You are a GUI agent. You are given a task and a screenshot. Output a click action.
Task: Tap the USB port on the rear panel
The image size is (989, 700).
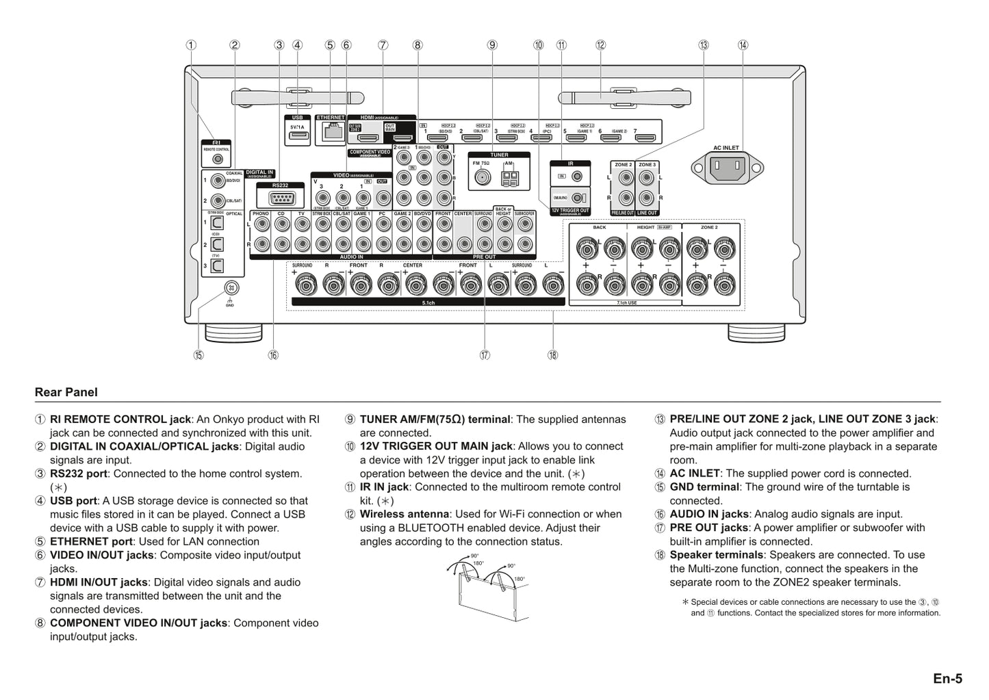(297, 137)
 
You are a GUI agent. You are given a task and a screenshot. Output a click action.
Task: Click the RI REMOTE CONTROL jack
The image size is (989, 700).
(217, 159)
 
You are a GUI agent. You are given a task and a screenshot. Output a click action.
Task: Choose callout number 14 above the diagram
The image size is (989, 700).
(743, 45)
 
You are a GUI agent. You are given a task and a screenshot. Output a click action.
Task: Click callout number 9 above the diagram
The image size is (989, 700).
(492, 45)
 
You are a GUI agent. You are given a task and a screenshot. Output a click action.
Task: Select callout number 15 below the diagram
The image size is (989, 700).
(198, 354)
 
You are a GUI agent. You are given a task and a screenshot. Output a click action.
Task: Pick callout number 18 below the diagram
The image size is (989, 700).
(552, 354)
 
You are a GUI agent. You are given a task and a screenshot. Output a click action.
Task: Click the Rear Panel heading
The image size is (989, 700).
(66, 392)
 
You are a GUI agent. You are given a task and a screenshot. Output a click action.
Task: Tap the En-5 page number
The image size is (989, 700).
(947, 678)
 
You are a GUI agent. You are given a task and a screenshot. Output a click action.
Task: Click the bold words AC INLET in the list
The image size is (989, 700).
(695, 474)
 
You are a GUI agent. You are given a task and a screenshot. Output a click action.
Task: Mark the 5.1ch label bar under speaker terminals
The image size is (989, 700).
(428, 302)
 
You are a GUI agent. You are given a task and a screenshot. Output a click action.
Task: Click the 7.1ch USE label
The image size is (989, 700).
(626, 302)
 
